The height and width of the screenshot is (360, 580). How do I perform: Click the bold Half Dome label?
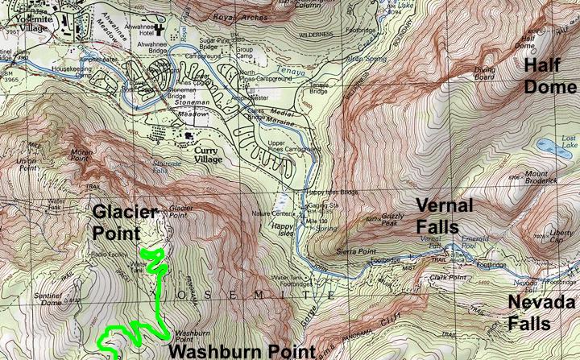[550, 75]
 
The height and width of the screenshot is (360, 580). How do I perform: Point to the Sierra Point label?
[354, 251]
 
